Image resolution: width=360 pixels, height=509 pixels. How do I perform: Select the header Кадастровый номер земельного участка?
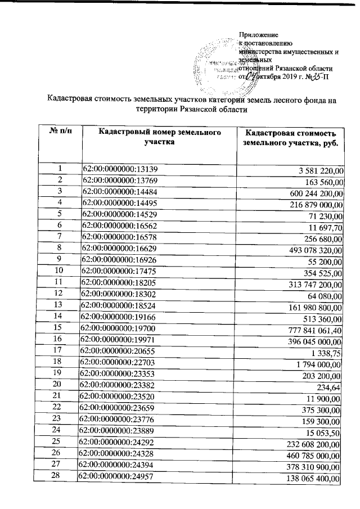tap(159, 137)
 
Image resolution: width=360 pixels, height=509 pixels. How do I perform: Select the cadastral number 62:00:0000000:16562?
tap(119, 226)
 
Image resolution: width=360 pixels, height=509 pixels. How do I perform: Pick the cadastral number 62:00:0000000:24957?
tap(119, 478)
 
